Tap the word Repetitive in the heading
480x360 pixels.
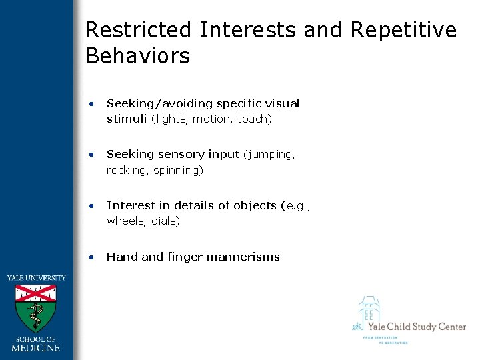[x=403, y=30]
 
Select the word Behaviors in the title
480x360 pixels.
[x=137, y=56]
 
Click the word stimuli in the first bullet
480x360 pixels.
[x=127, y=119]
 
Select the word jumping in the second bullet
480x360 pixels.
[x=271, y=155]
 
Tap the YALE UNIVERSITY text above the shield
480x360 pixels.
[x=36, y=278]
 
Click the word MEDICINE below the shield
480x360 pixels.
[x=36, y=347]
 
